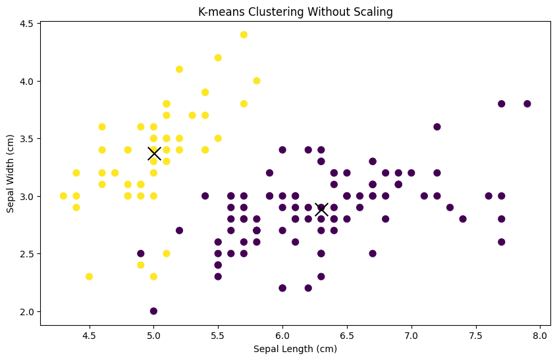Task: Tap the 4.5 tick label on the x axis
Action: [89, 334]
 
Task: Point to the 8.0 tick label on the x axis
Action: [540, 334]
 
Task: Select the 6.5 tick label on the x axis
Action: [346, 334]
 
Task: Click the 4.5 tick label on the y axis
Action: [26, 24]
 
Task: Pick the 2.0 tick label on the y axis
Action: [26, 311]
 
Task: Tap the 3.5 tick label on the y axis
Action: [26, 139]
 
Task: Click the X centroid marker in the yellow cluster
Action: [154, 153]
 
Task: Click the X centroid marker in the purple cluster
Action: [321, 209]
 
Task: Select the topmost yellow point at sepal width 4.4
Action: [244, 35]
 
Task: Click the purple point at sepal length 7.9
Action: [527, 104]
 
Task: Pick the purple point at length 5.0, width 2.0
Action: [153, 311]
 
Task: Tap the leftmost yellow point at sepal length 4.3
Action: [63, 196]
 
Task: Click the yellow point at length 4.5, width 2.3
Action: [89, 276]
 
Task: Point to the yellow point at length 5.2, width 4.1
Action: [179, 69]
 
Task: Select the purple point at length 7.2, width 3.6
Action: [437, 127]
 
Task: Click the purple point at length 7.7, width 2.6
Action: [501, 242]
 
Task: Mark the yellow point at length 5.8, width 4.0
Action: [257, 81]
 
